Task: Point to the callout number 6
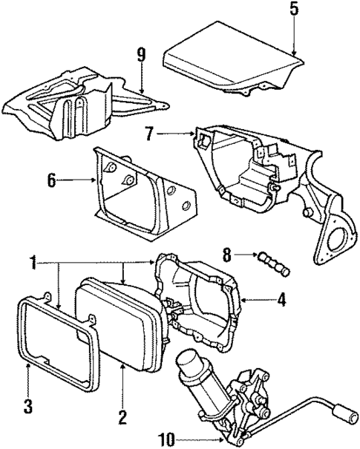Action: click(x=51, y=180)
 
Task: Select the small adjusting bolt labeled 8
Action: click(x=270, y=263)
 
